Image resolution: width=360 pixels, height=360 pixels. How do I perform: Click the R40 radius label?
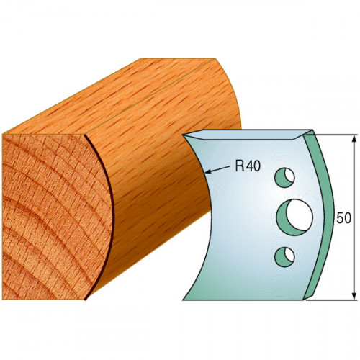click(x=248, y=166)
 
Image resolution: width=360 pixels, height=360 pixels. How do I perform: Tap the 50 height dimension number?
click(x=343, y=218)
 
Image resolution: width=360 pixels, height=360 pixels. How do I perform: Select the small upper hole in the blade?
click(x=284, y=177)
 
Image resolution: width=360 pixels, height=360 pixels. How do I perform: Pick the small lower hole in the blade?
click(x=284, y=256)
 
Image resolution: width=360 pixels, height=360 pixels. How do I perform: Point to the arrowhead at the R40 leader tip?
click(x=208, y=171)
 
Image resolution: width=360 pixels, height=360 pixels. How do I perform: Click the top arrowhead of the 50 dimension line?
click(x=354, y=139)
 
